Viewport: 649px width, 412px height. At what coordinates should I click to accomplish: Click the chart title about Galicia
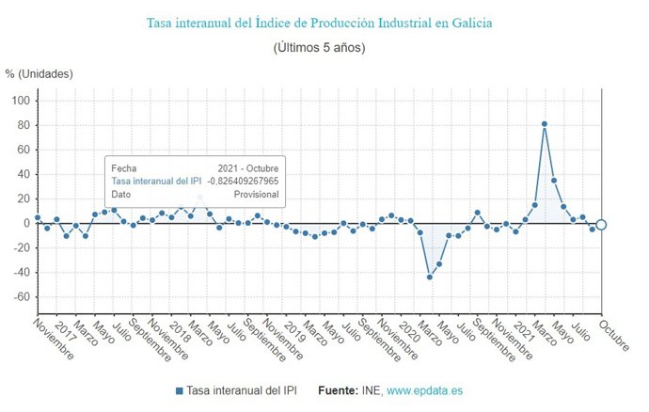pyautogui.click(x=319, y=22)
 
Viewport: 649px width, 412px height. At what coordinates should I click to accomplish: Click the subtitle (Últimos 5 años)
pyautogui.click(x=319, y=46)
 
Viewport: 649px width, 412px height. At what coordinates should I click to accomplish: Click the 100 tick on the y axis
pyautogui.click(x=20, y=101)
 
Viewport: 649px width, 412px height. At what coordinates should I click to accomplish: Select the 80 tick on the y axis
pyautogui.click(x=23, y=125)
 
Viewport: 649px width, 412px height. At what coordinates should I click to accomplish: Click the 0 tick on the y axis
pyautogui.click(x=26, y=224)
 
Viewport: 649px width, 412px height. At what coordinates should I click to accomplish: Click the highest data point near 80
pyautogui.click(x=545, y=124)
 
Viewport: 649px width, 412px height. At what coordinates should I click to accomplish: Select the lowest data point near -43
pyautogui.click(x=430, y=277)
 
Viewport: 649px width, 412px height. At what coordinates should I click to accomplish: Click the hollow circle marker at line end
pyautogui.click(x=602, y=224)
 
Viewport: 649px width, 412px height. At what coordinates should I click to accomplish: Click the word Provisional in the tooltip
pyautogui.click(x=255, y=195)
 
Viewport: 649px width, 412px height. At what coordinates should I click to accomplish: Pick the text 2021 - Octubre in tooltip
pyautogui.click(x=247, y=167)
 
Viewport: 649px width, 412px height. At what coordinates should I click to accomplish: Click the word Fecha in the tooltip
pyautogui.click(x=124, y=167)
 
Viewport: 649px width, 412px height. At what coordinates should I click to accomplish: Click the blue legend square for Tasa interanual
pyautogui.click(x=179, y=390)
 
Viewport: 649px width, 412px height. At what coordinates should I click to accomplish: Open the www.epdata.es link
pyautogui.click(x=425, y=390)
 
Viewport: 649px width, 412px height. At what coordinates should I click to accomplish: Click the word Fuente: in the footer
pyautogui.click(x=339, y=390)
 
